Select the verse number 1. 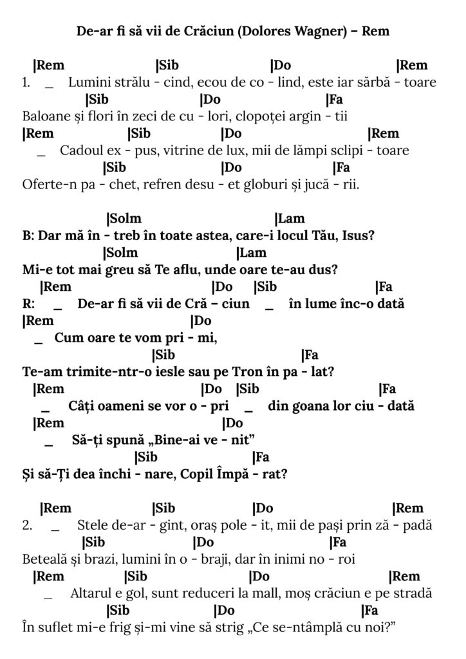point(26,82)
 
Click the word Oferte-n point(47,184)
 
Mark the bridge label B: point(28,236)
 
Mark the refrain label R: point(28,304)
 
